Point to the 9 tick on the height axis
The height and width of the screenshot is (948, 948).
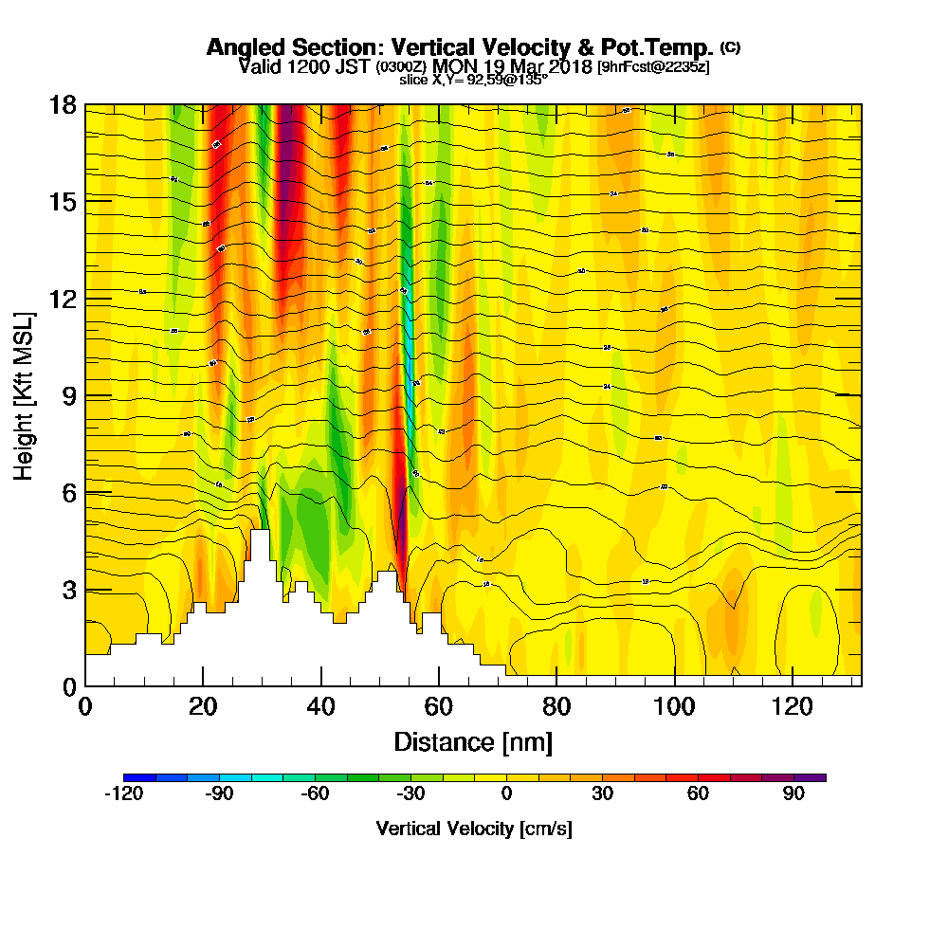(x=66, y=395)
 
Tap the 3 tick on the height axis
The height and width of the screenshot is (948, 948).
(x=66, y=590)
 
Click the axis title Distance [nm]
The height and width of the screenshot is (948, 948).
(x=473, y=741)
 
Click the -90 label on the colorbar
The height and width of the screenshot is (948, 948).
(x=219, y=794)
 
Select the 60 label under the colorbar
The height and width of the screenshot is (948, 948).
(x=698, y=794)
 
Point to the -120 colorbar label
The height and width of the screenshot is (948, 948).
(x=123, y=794)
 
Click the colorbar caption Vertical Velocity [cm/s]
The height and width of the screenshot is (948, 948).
(x=474, y=829)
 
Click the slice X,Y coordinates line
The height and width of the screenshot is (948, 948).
(x=473, y=80)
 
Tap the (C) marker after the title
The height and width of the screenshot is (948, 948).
(x=730, y=46)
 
